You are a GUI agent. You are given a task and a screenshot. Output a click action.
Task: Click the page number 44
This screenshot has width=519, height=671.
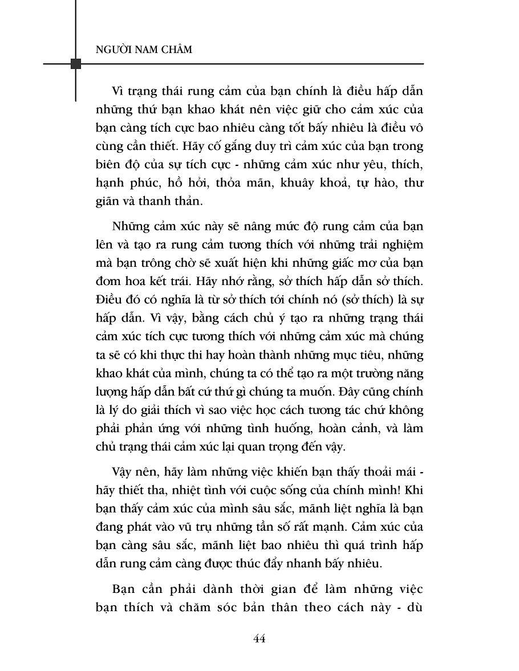(x=259, y=639)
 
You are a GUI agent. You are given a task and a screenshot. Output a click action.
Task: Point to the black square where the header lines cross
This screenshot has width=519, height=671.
(x=75, y=63)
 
